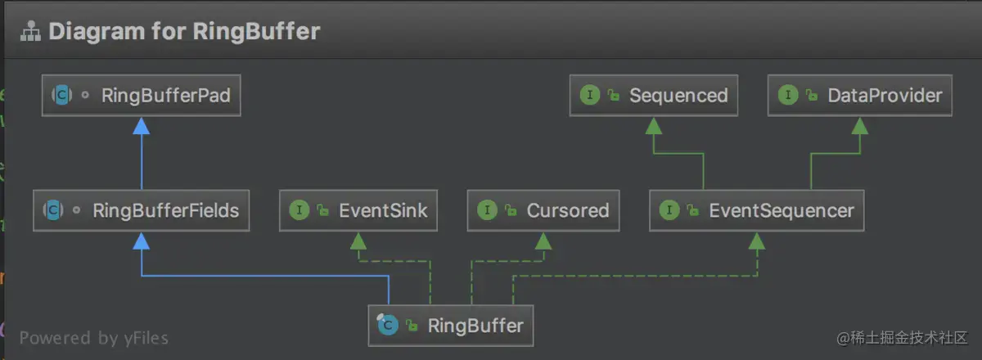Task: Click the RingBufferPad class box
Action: (x=142, y=96)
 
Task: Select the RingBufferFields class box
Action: (x=142, y=210)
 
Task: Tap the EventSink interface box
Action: (x=358, y=210)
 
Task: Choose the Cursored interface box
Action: (x=543, y=210)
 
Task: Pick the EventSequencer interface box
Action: (x=757, y=210)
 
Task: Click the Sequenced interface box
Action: (x=654, y=96)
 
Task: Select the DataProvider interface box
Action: (x=860, y=96)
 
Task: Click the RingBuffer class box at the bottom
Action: (x=451, y=326)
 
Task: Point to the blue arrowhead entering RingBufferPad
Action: (x=142, y=125)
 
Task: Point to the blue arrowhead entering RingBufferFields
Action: (x=142, y=240)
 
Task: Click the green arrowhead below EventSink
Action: (x=358, y=240)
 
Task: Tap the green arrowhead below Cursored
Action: (x=543, y=240)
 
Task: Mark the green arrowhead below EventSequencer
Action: (x=757, y=240)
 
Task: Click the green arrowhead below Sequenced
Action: (x=654, y=125)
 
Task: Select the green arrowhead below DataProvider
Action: (x=860, y=125)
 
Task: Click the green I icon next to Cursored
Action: (x=487, y=210)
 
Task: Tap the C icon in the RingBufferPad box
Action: (x=61, y=96)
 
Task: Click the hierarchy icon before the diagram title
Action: (x=30, y=33)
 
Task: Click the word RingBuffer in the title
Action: (x=256, y=32)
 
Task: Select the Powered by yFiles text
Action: (x=94, y=338)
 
